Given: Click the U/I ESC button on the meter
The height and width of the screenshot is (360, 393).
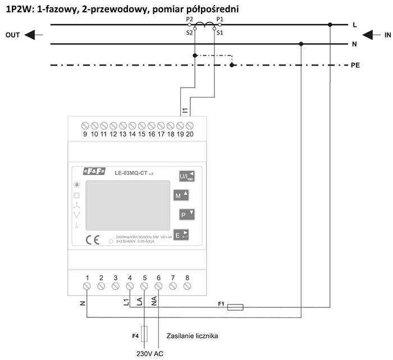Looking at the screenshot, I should [x=184, y=177].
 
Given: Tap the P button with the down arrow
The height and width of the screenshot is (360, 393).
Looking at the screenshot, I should [x=186, y=214].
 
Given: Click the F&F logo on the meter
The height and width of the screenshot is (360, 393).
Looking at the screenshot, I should [x=94, y=172].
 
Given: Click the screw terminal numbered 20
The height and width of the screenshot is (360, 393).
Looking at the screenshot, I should [x=190, y=124].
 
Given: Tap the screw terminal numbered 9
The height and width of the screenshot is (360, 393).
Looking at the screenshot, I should [x=85, y=124].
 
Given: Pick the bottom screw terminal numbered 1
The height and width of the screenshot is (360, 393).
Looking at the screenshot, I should [x=88, y=287].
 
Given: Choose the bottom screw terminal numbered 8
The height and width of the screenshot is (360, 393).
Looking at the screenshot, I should [x=187, y=287].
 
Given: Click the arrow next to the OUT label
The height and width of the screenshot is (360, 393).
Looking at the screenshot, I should [x=34, y=35].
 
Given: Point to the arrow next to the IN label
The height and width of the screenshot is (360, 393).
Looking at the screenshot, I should [x=371, y=35].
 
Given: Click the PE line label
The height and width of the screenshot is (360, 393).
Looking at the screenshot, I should [x=355, y=65].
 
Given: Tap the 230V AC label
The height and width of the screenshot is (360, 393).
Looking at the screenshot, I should [x=149, y=354].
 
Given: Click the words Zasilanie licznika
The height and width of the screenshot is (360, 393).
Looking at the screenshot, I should [x=192, y=336].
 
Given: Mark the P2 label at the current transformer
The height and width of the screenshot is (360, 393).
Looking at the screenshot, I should [x=189, y=20].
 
